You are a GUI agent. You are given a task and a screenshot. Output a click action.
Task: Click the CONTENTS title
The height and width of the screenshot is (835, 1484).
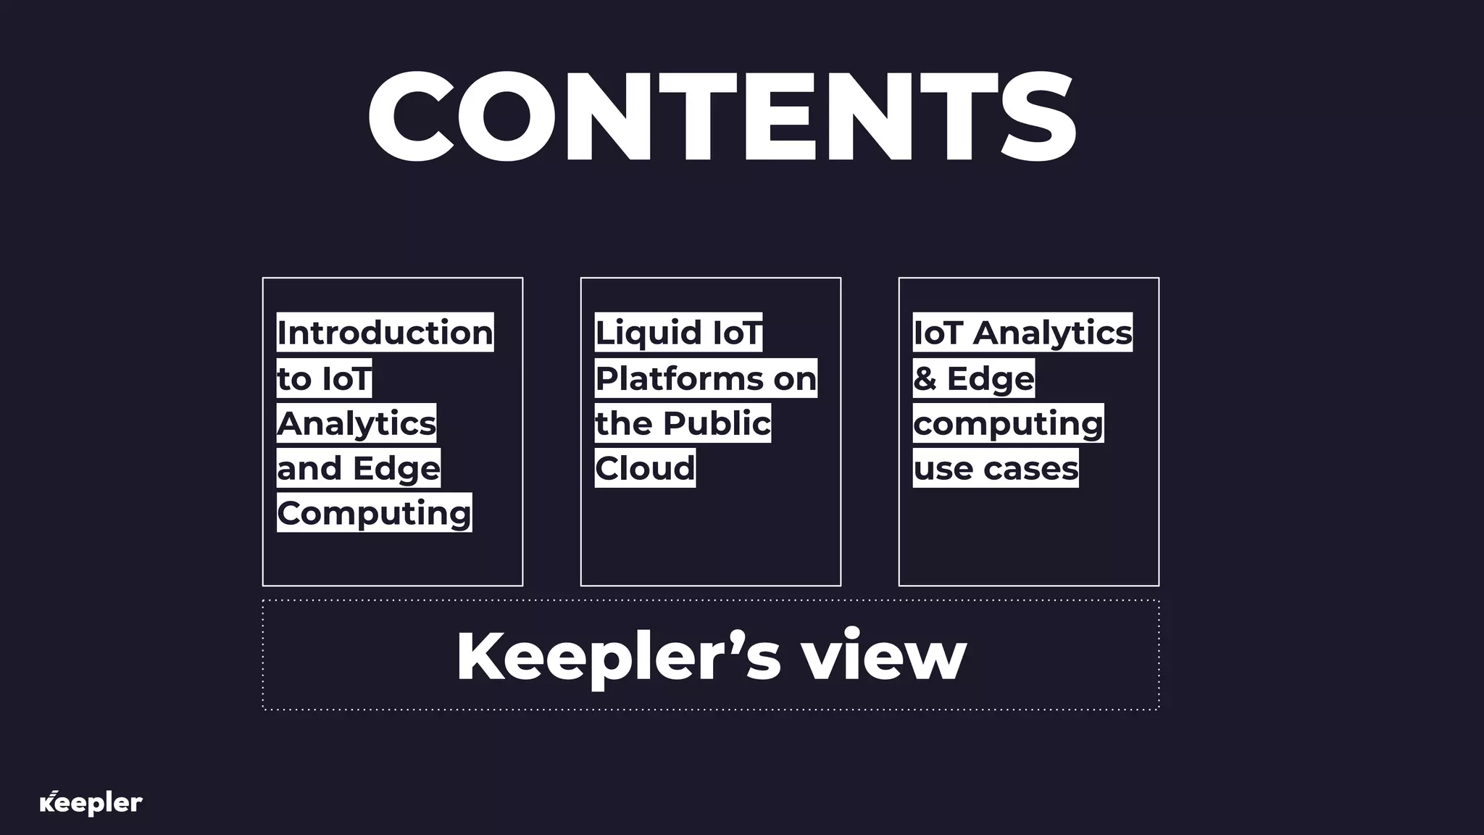[x=722, y=117]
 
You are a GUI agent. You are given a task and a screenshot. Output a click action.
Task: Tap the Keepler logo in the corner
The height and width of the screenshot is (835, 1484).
[x=91, y=803]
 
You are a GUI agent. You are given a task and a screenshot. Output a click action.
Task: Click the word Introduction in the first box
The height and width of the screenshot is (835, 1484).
[x=385, y=333]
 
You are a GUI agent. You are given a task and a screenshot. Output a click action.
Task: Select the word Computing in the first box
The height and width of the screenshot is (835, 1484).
[x=374, y=513]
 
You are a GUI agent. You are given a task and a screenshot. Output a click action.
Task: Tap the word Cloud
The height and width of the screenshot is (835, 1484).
[x=645, y=468]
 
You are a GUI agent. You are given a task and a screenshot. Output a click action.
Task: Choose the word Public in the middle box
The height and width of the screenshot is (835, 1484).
[x=717, y=423]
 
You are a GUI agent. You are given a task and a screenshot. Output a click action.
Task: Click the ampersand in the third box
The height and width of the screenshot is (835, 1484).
[x=925, y=378]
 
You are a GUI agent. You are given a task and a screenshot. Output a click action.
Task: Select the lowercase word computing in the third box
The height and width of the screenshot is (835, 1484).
[x=1008, y=423]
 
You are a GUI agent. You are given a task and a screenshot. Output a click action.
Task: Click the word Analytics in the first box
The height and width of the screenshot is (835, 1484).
[x=357, y=423]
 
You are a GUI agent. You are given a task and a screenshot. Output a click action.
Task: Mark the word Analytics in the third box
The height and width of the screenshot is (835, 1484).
[x=1052, y=333]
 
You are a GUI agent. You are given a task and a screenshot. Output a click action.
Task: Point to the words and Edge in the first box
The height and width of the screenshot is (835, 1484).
[x=359, y=468]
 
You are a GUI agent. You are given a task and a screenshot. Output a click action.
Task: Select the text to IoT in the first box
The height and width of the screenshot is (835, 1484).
[x=324, y=378]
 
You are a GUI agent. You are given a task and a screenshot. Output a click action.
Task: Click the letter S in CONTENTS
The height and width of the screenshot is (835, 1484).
[x=1037, y=117]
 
